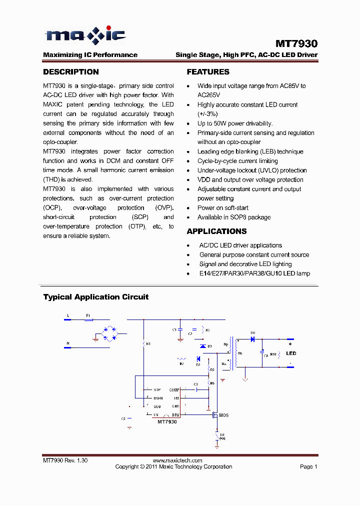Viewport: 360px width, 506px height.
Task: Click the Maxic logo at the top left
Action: [x=84, y=35]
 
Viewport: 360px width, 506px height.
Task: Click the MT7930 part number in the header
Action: [x=296, y=44]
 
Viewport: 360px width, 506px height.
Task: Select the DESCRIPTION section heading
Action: [x=70, y=72]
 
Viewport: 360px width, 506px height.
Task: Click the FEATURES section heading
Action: [x=208, y=72]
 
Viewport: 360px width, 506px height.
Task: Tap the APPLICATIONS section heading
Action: [x=216, y=231]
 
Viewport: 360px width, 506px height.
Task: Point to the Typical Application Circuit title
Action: [x=95, y=297]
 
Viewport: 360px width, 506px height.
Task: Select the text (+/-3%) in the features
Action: [x=207, y=114]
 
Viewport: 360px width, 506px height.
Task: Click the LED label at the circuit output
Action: [x=291, y=353]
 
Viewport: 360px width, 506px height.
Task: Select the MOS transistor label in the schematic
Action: [x=223, y=415]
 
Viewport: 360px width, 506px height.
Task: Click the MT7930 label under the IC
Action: [x=167, y=422]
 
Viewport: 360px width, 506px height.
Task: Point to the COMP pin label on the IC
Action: [x=174, y=389]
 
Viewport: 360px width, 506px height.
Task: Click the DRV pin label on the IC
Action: [x=175, y=415]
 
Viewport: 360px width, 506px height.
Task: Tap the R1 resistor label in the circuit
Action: [x=148, y=344]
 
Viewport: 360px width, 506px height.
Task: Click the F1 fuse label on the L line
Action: [x=88, y=316]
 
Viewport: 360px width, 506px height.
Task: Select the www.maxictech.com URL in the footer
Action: [x=177, y=460]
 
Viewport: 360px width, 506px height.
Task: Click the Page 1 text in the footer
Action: [x=308, y=466]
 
